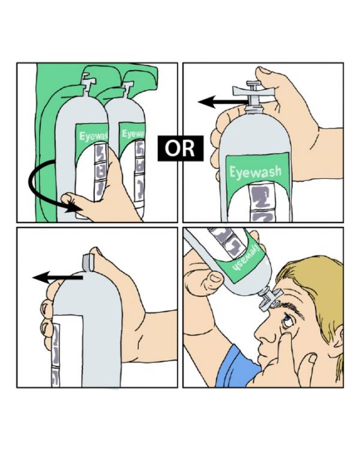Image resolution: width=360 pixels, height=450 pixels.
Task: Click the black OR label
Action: click(x=180, y=148)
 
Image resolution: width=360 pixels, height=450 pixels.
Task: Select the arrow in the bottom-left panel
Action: click(x=58, y=277)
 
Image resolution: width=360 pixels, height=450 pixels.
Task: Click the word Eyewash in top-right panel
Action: click(x=255, y=173)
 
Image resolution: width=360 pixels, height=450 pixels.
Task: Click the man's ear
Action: click(x=339, y=339)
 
